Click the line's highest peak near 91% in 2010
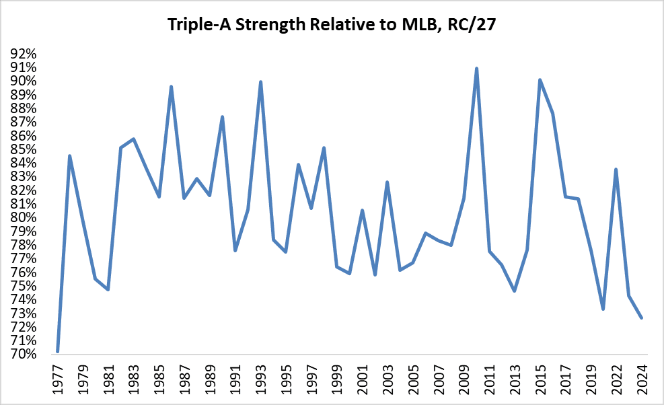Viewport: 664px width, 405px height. (476, 69)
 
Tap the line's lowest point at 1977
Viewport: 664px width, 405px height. (58, 351)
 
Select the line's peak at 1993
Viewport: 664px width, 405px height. (260, 82)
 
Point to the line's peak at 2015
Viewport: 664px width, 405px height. (540, 80)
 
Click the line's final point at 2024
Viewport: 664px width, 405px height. (641, 318)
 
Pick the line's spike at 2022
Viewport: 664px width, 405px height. (616, 169)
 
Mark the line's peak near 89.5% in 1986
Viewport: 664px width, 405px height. (172, 87)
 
